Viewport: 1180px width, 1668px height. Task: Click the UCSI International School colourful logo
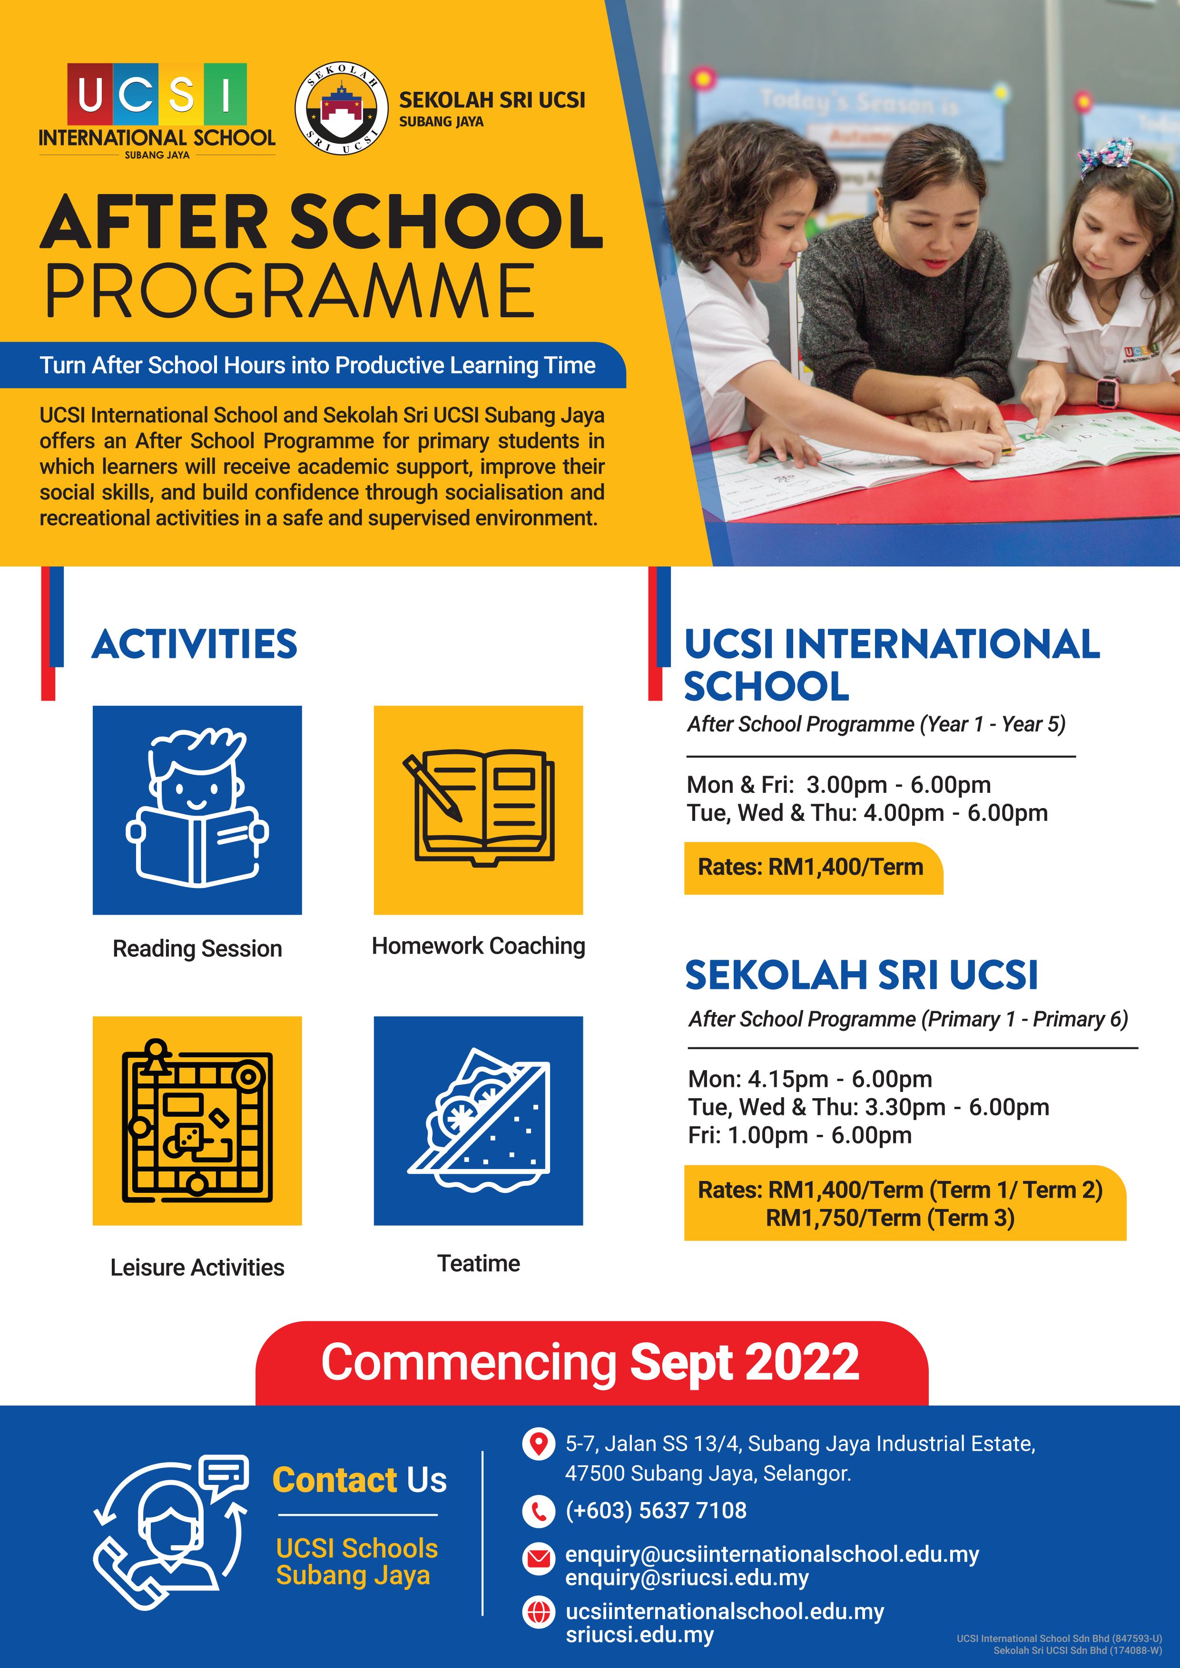[157, 110]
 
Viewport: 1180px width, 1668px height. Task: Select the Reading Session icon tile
[197, 810]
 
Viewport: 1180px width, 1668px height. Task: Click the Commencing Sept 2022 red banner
[591, 1363]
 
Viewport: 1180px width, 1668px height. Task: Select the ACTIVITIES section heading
[194, 644]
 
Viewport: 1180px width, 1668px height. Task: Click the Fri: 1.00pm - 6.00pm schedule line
[799, 1135]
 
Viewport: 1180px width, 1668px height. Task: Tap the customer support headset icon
[171, 1533]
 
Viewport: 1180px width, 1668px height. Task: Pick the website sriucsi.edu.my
[639, 1635]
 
